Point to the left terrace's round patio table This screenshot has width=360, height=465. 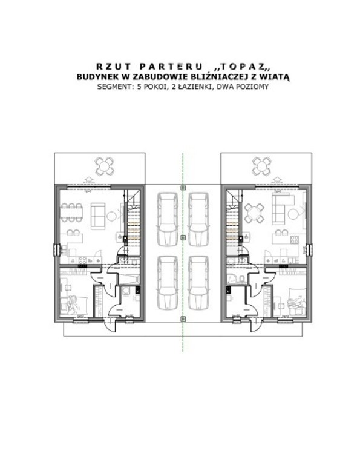click(104, 166)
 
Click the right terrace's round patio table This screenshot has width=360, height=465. click(261, 166)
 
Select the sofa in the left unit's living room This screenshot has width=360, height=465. click(98, 216)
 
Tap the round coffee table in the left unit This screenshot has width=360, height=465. click(112, 216)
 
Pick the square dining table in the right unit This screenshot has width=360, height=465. click(254, 213)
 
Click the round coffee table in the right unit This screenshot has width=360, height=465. click(293, 214)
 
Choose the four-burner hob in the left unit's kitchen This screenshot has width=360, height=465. click(83, 260)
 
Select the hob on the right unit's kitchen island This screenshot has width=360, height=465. click(295, 239)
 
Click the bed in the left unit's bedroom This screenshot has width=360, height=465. click(74, 305)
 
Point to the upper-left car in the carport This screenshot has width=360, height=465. click(168, 219)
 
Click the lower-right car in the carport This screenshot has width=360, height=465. click(198, 283)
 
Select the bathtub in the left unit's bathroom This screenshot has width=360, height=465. click(128, 279)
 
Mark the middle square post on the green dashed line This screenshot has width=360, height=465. click(183, 237)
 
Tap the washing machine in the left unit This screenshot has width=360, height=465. click(126, 291)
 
